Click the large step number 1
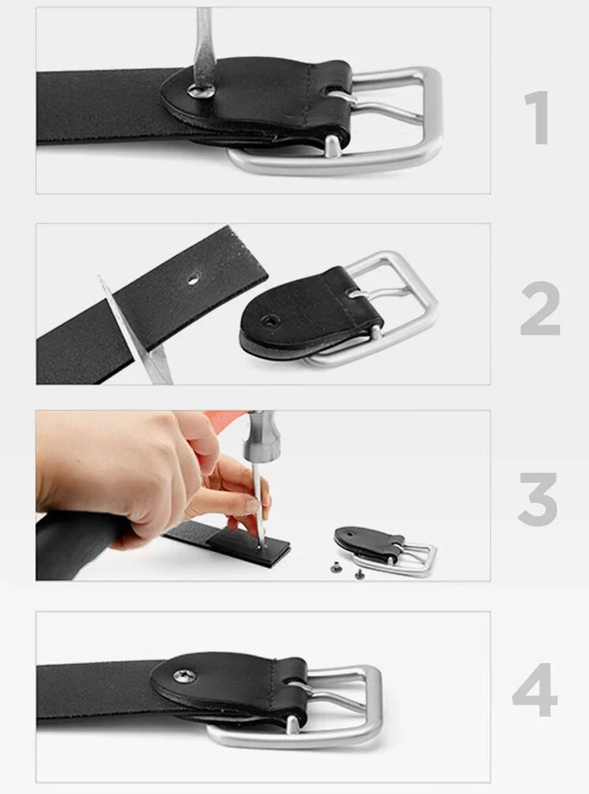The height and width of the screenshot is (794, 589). point(537,118)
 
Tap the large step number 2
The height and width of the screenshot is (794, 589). point(540,308)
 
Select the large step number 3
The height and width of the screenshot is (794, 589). point(538,498)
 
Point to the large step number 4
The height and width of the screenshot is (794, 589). point(534,689)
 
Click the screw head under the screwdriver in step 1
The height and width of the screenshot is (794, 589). point(201,91)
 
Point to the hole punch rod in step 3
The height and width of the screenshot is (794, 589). point(259,502)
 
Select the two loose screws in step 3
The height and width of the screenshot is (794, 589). point(346,570)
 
